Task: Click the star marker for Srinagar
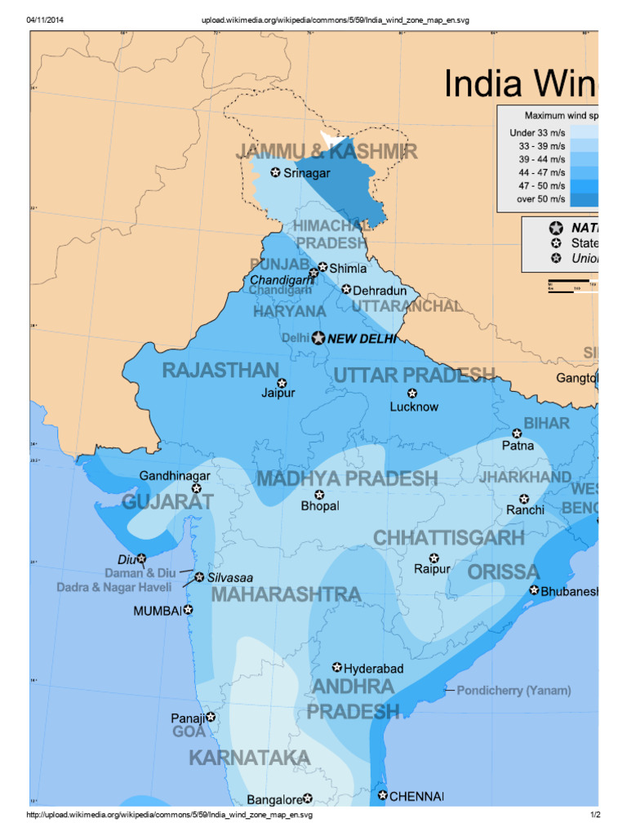[x=275, y=172]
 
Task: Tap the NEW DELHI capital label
[x=362, y=338]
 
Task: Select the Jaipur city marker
[x=282, y=383]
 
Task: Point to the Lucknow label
[x=414, y=407]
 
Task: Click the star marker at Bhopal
[x=319, y=495]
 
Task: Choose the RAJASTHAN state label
[x=220, y=371]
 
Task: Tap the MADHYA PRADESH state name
[x=347, y=478]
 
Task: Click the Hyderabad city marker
[x=337, y=668]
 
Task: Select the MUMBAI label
[x=158, y=611]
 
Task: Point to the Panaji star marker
[x=211, y=717]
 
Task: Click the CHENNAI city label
[x=416, y=795]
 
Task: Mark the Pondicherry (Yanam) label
[x=514, y=691]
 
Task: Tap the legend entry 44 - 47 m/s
[x=537, y=172]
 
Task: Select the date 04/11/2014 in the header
[x=46, y=20]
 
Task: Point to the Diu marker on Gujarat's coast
[x=141, y=559]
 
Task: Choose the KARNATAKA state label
[x=250, y=758]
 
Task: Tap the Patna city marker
[x=517, y=434]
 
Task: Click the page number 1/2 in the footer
[x=595, y=815]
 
